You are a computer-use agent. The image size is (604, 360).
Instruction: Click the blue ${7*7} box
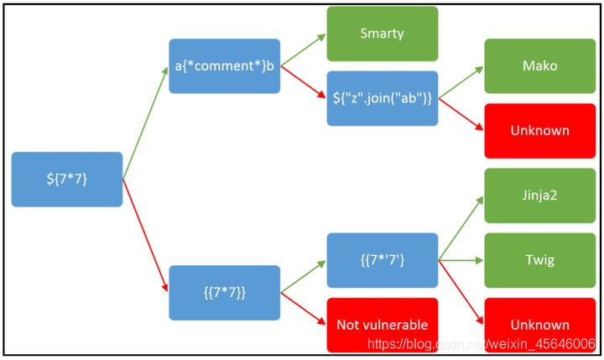pyautogui.click(x=67, y=179)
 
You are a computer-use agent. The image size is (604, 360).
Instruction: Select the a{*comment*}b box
pyautogui.click(x=224, y=65)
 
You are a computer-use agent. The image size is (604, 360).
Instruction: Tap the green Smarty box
pyautogui.click(x=382, y=34)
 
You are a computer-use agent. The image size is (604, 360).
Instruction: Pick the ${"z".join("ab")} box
pyautogui.click(x=382, y=98)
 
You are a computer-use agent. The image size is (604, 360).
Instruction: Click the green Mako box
pyautogui.click(x=539, y=65)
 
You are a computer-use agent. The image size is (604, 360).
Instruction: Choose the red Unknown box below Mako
pyautogui.click(x=539, y=130)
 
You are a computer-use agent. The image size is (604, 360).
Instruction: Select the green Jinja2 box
pyautogui.click(x=539, y=196)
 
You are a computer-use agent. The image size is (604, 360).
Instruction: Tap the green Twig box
pyautogui.click(x=539, y=260)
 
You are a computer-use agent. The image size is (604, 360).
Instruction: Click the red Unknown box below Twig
pyautogui.click(x=539, y=325)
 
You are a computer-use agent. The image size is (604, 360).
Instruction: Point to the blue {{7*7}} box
pyautogui.click(x=224, y=293)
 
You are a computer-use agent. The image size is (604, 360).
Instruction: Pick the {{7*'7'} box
pyautogui.click(x=382, y=260)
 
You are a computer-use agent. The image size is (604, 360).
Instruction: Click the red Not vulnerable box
pyautogui.click(x=382, y=325)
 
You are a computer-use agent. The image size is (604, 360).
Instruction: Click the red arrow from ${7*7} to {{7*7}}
pyautogui.click(x=145, y=234)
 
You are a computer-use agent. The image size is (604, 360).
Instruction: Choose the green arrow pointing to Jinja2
pyautogui.click(x=461, y=228)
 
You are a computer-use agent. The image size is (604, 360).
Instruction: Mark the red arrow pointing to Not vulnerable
pyautogui.click(x=303, y=308)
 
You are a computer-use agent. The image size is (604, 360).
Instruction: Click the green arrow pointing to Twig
pyautogui.click(x=461, y=260)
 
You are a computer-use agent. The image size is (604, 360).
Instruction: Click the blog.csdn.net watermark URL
pyautogui.click(x=482, y=344)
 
